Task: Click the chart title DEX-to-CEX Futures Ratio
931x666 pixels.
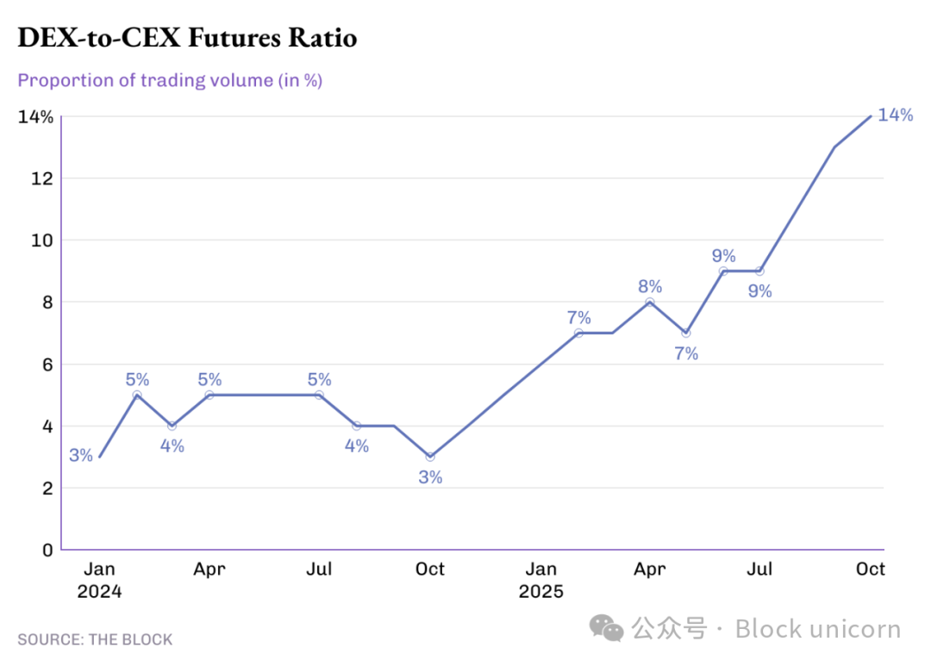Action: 187,38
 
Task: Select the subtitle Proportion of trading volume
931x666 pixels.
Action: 170,81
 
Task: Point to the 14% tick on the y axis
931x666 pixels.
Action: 35,117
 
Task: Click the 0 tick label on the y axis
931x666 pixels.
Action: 47,550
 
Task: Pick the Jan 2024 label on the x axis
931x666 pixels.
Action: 99,580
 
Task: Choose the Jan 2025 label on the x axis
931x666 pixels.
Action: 541,580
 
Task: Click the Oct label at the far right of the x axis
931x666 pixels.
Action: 871,569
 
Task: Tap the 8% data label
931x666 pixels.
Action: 650,287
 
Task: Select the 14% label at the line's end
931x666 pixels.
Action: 895,115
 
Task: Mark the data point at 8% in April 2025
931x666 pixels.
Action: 650,302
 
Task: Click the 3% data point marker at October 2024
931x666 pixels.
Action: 430,457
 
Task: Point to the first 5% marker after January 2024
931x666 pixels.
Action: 137,395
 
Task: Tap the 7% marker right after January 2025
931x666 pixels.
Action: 578,333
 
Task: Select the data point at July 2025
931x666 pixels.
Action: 759,271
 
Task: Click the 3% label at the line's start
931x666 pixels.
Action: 81,456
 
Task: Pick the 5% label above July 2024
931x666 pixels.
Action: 319,380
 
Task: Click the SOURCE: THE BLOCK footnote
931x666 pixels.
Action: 95,639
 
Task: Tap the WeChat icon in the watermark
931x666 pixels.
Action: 612,629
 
